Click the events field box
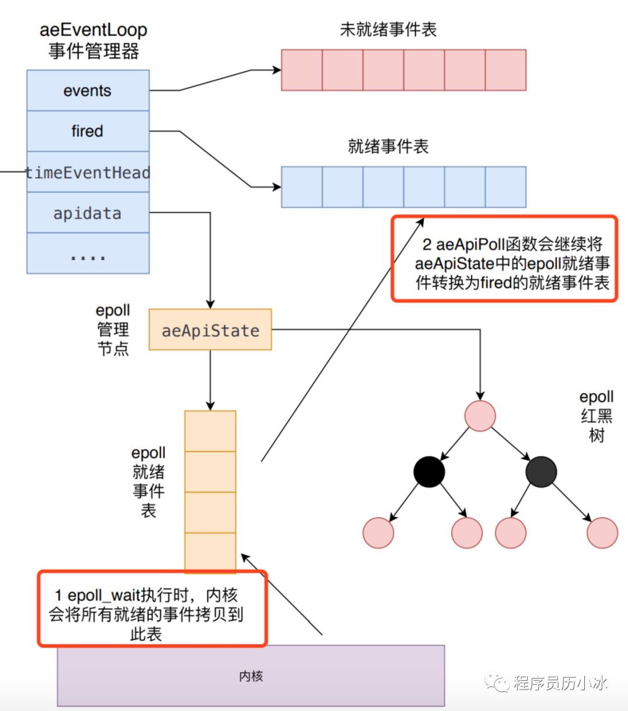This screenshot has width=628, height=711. pyautogui.click(x=88, y=91)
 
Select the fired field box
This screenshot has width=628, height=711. pyautogui.click(x=88, y=131)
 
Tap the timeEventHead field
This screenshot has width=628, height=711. pyautogui.click(x=88, y=173)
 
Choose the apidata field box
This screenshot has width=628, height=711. pyautogui.click(x=88, y=213)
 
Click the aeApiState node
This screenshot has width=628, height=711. pyautogui.click(x=210, y=330)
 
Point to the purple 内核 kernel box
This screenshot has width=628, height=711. pyautogui.click(x=251, y=676)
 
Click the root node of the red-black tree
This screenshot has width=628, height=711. pyautogui.click(x=480, y=416)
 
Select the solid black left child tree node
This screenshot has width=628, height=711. pyautogui.click(x=429, y=471)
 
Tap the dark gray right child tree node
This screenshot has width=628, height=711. pyautogui.click(x=541, y=471)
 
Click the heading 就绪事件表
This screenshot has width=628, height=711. pyautogui.click(x=388, y=146)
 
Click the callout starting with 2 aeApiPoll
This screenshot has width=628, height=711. pyautogui.click(x=504, y=258)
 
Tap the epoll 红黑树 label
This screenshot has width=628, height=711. pyautogui.click(x=597, y=416)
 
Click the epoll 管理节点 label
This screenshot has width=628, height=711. pyautogui.click(x=113, y=329)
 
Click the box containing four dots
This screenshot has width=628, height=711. pyautogui.click(x=88, y=254)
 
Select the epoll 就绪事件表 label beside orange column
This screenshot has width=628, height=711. pyautogui.click(x=148, y=482)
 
